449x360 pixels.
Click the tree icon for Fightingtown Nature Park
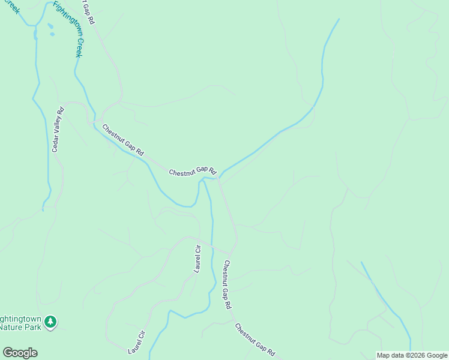(52, 322)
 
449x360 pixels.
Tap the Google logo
(20, 353)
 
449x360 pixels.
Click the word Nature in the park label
(12, 327)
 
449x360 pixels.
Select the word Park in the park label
(35, 327)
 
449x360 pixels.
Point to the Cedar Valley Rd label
(58, 130)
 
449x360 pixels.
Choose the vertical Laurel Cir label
(197, 259)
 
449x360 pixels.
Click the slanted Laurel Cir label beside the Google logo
(137, 342)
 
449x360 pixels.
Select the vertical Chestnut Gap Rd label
(228, 284)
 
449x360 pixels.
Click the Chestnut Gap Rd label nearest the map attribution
(255, 340)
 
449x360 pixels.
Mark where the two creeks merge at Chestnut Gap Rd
(218, 178)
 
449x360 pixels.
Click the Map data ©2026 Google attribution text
(412, 355)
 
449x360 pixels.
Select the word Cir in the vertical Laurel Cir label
(197, 250)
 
